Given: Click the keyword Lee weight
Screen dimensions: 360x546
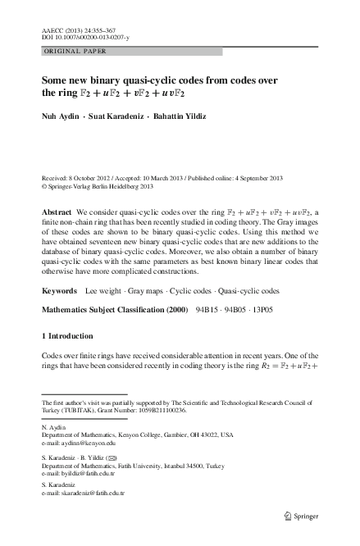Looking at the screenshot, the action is click(104, 292).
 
